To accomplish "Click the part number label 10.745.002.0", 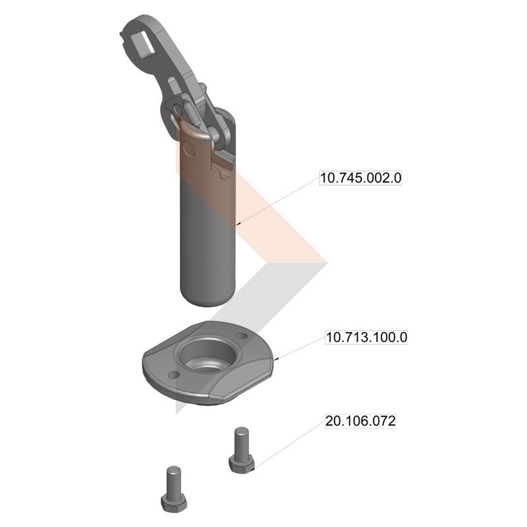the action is [360, 178].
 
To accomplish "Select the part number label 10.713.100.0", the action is [367, 337].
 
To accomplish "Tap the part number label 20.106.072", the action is [360, 421].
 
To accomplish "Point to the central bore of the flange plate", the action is [209, 355].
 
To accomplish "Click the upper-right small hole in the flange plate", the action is [242, 335].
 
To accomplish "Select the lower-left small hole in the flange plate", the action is [173, 374].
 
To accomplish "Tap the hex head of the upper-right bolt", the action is [241, 464].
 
